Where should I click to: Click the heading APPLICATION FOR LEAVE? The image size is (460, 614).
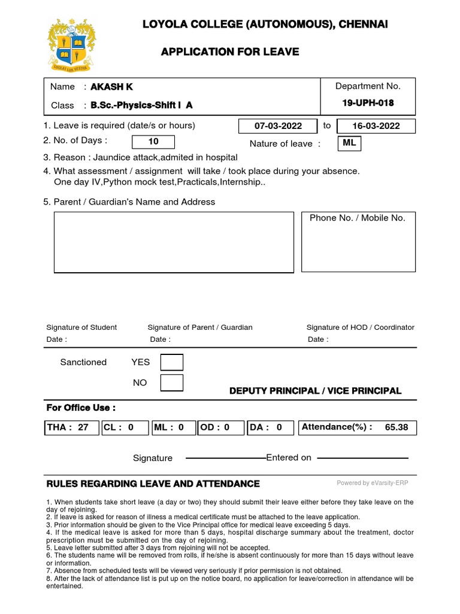click(x=230, y=52)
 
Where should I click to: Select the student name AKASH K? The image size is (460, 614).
click(x=111, y=87)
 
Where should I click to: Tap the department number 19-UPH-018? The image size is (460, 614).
click(x=368, y=103)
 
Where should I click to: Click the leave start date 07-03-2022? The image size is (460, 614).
click(x=278, y=127)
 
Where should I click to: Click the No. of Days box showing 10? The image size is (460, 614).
click(x=153, y=142)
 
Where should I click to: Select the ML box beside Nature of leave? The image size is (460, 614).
click(x=350, y=143)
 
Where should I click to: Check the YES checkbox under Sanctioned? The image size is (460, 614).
click(x=172, y=362)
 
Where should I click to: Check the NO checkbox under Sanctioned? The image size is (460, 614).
click(x=172, y=383)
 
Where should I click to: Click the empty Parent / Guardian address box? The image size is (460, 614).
click(x=174, y=242)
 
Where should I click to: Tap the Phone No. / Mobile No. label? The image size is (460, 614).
click(x=357, y=218)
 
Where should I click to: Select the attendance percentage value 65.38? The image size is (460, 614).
click(x=396, y=428)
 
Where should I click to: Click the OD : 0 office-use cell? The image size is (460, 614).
click(x=220, y=428)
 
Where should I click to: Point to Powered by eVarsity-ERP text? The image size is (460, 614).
click(x=372, y=483)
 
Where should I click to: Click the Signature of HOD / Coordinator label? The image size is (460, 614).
click(x=360, y=327)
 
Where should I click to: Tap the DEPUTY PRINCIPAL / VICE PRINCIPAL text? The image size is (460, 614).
click(x=315, y=391)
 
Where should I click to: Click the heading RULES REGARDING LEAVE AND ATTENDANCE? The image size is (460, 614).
click(x=153, y=484)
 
